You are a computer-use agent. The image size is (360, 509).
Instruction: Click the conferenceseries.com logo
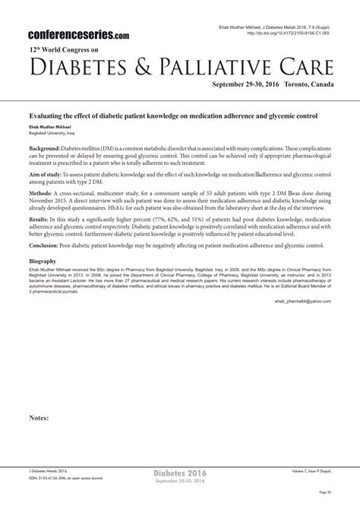coord(78,35)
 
